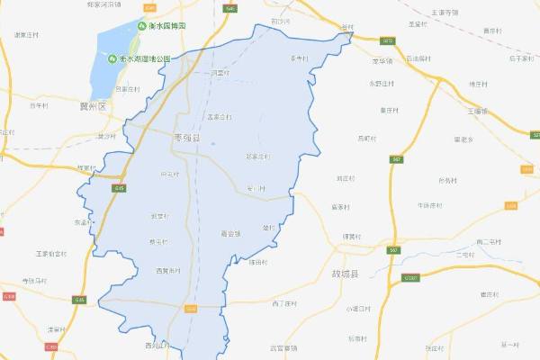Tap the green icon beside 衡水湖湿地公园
click(x=112, y=59)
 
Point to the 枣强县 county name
click(x=186, y=138)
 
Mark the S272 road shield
click(x=388, y=41)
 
